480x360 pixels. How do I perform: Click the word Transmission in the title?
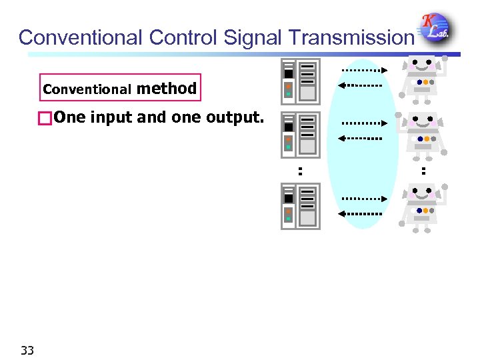(351, 37)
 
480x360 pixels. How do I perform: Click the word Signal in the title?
(253, 37)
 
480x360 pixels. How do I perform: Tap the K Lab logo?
(434, 29)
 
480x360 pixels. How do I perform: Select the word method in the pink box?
(167, 88)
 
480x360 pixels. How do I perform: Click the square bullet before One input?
(45, 119)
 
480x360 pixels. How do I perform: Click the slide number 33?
(27, 350)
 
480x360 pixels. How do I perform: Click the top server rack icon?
(300, 81)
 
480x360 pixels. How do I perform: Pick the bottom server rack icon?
(300, 206)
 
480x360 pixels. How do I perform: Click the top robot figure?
(420, 79)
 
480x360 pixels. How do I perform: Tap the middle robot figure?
(420, 135)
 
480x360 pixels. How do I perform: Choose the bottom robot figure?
(420, 206)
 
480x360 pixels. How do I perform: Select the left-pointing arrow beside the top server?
(359, 85)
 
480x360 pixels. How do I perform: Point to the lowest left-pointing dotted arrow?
(359, 214)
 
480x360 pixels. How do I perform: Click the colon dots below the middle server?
(301, 171)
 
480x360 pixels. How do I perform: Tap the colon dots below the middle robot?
(423, 171)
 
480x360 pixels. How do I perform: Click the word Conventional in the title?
(80, 37)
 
